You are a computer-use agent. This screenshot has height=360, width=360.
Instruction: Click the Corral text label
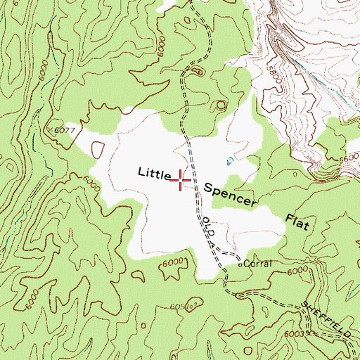(258, 265)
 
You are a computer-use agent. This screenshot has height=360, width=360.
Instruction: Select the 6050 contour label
(182, 307)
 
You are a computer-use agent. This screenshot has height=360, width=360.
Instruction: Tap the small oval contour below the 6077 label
(97, 149)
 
